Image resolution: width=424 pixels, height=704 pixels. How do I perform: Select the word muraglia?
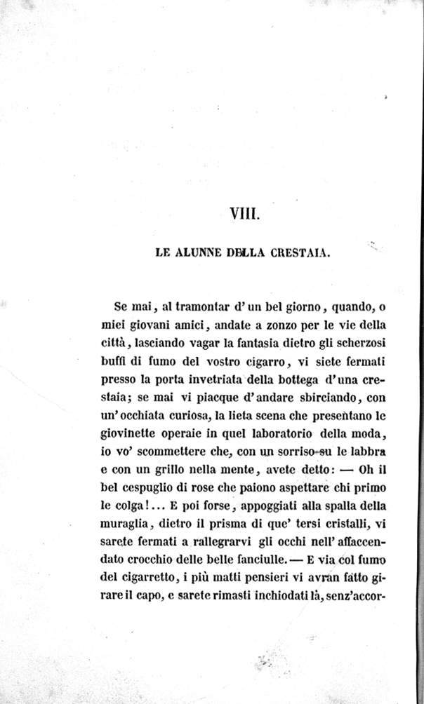coord(135,527)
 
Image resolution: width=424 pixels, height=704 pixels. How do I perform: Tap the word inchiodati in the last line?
coord(273,600)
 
